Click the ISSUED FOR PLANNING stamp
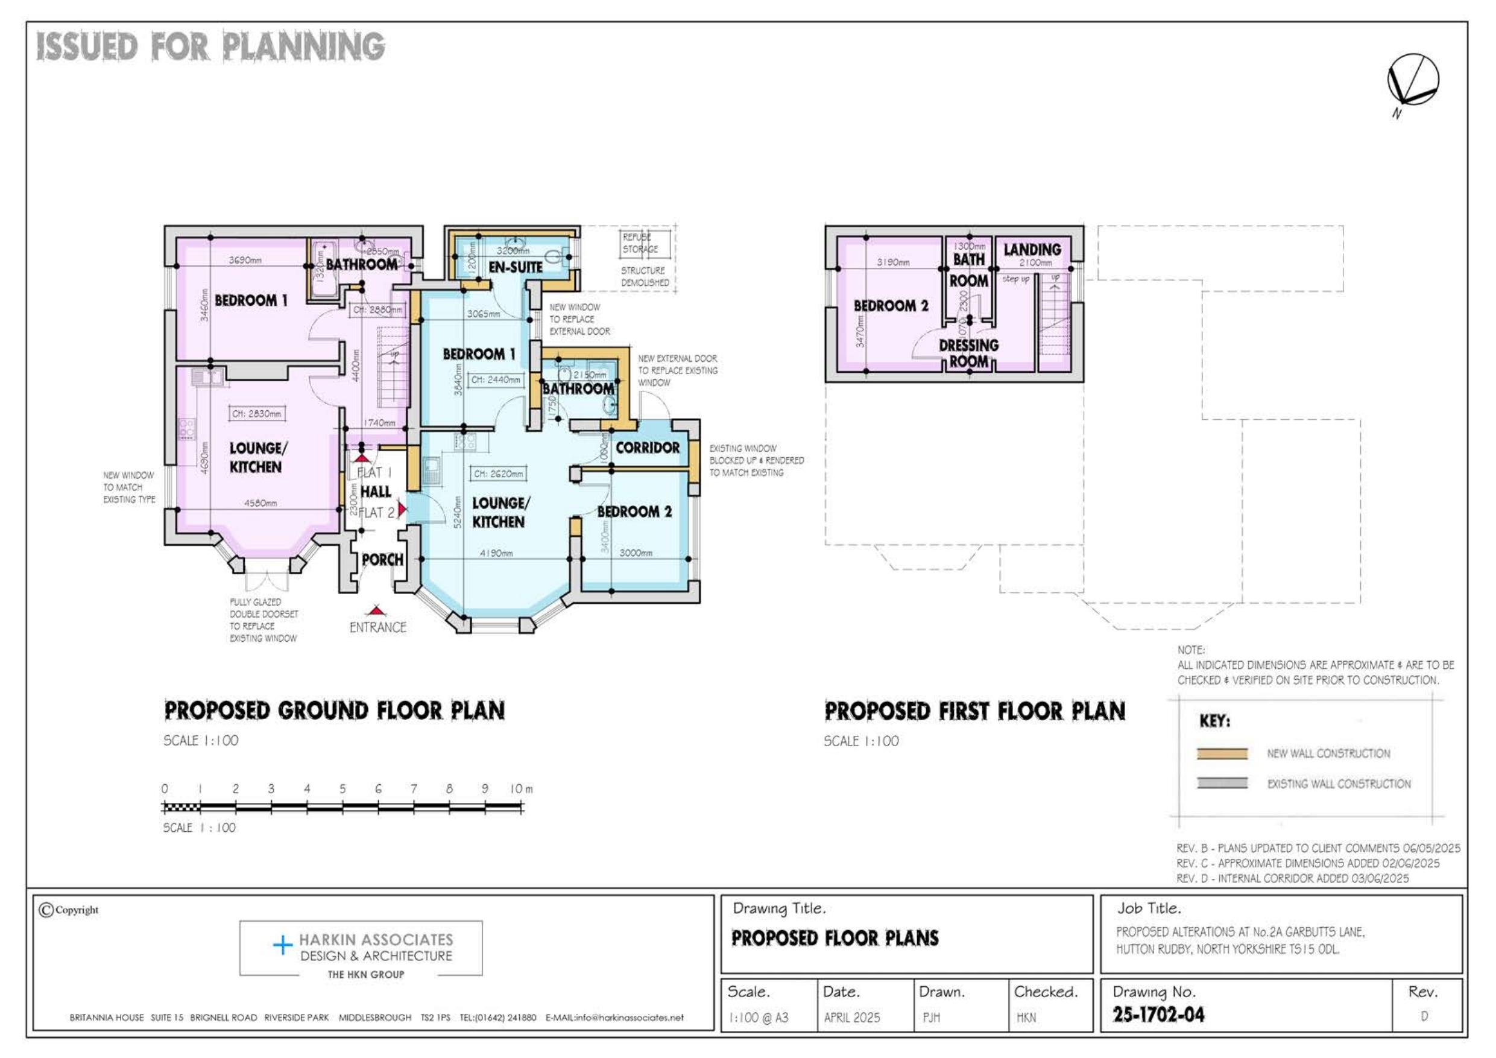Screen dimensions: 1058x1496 point(210,47)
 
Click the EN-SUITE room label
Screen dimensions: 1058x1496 point(516,267)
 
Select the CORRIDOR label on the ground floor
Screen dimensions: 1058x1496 point(647,448)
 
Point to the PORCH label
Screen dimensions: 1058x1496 point(382,559)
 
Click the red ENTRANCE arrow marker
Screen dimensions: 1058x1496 point(374,612)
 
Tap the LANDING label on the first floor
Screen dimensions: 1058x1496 point(1032,250)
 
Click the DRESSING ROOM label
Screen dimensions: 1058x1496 point(968,353)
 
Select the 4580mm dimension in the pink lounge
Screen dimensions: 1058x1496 point(260,503)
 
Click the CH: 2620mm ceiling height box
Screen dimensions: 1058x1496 point(498,474)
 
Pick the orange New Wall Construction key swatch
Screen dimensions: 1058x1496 point(1222,753)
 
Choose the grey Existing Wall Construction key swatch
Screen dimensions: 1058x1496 point(1222,784)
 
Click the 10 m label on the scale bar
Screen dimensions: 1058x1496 point(520,789)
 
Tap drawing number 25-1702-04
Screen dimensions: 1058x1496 point(1158,1015)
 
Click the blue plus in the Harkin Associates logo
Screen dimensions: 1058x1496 point(282,945)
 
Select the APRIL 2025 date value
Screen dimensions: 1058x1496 point(851,1018)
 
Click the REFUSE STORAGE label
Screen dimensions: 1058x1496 point(640,243)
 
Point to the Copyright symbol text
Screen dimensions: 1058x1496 point(69,910)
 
